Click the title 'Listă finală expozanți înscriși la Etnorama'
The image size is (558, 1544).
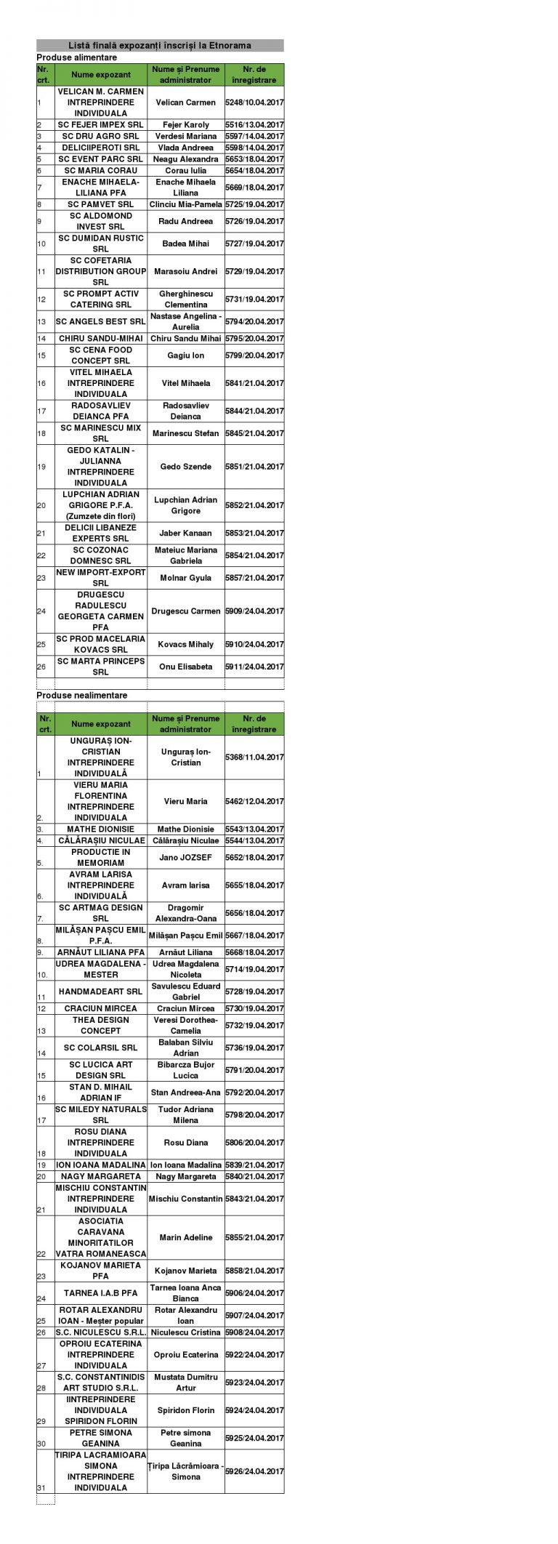pos(160,45)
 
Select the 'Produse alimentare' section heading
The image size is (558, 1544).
pos(76,57)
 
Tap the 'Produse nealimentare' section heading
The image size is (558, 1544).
pos(81,695)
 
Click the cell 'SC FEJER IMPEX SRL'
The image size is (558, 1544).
pos(101,125)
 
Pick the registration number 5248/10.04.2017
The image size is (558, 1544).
pos(254,102)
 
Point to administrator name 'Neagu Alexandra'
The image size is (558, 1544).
pos(185,159)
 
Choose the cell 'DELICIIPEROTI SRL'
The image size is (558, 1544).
pos(101,148)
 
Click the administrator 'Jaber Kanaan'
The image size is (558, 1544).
pos(185,533)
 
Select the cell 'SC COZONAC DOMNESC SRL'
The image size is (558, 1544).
pos(101,555)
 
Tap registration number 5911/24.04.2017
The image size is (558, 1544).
pos(254,667)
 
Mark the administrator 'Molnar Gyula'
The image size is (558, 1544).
pos(185,578)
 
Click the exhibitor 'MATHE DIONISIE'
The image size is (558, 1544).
pos(101,829)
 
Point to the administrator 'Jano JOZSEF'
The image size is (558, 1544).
pos(185,857)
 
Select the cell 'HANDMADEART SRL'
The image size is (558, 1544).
pos(101,992)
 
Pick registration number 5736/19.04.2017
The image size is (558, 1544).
pos(254,1048)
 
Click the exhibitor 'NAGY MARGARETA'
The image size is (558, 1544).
pos(101,1176)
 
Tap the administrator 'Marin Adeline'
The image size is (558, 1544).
pos(185,1237)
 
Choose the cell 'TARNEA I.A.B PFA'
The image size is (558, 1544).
pos(101,1293)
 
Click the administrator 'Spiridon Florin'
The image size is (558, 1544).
pos(185,1410)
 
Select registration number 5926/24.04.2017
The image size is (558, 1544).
pos(254,1471)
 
